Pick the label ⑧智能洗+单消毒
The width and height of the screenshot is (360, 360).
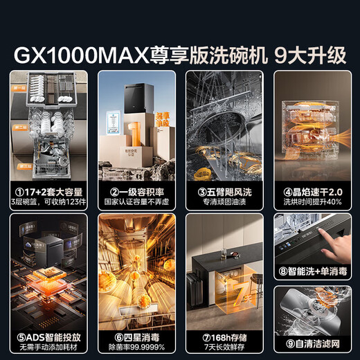(314, 271)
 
